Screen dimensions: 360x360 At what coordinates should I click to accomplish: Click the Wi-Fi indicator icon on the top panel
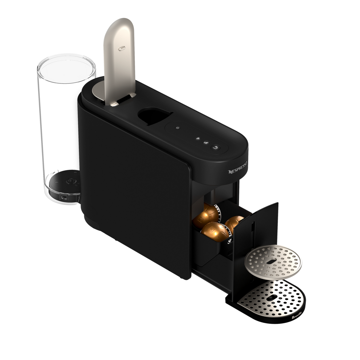tap(198, 139)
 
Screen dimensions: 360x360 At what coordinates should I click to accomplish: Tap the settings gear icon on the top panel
tap(178, 128)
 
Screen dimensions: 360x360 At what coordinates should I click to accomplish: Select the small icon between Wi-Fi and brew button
tap(206, 142)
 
